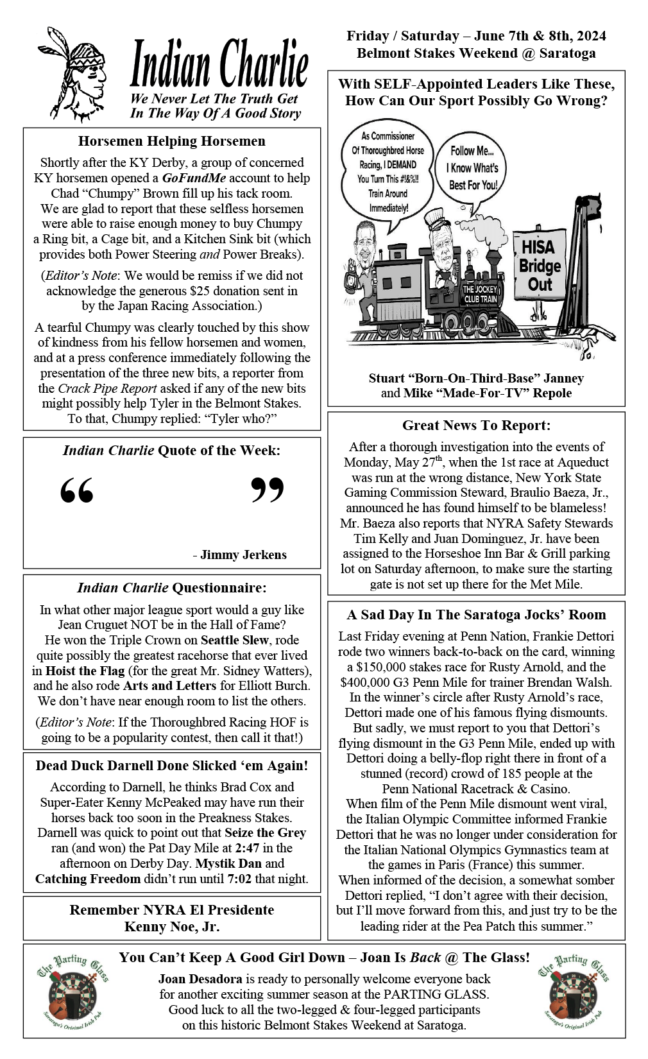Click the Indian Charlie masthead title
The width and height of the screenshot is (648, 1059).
[x=219, y=64]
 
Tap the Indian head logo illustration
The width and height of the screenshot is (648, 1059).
[x=72, y=76]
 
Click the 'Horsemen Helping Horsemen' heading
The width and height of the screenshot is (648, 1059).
[x=171, y=141]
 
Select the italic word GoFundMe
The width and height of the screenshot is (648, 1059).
[x=194, y=178]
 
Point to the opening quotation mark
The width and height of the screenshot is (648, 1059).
[x=77, y=490]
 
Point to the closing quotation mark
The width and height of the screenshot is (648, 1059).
[x=267, y=490]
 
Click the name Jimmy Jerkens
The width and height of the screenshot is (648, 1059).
[x=243, y=555]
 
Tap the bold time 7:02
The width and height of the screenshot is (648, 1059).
[x=239, y=879]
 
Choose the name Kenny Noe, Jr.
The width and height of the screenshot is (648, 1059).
[x=171, y=927]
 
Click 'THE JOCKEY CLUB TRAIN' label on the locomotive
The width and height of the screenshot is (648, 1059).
[x=480, y=295]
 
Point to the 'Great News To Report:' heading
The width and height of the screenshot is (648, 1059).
[x=476, y=426]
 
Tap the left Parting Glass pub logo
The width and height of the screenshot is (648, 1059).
[x=72, y=992]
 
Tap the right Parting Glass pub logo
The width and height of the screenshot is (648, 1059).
[x=574, y=992]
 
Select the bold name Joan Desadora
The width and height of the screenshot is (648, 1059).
[x=200, y=979]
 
